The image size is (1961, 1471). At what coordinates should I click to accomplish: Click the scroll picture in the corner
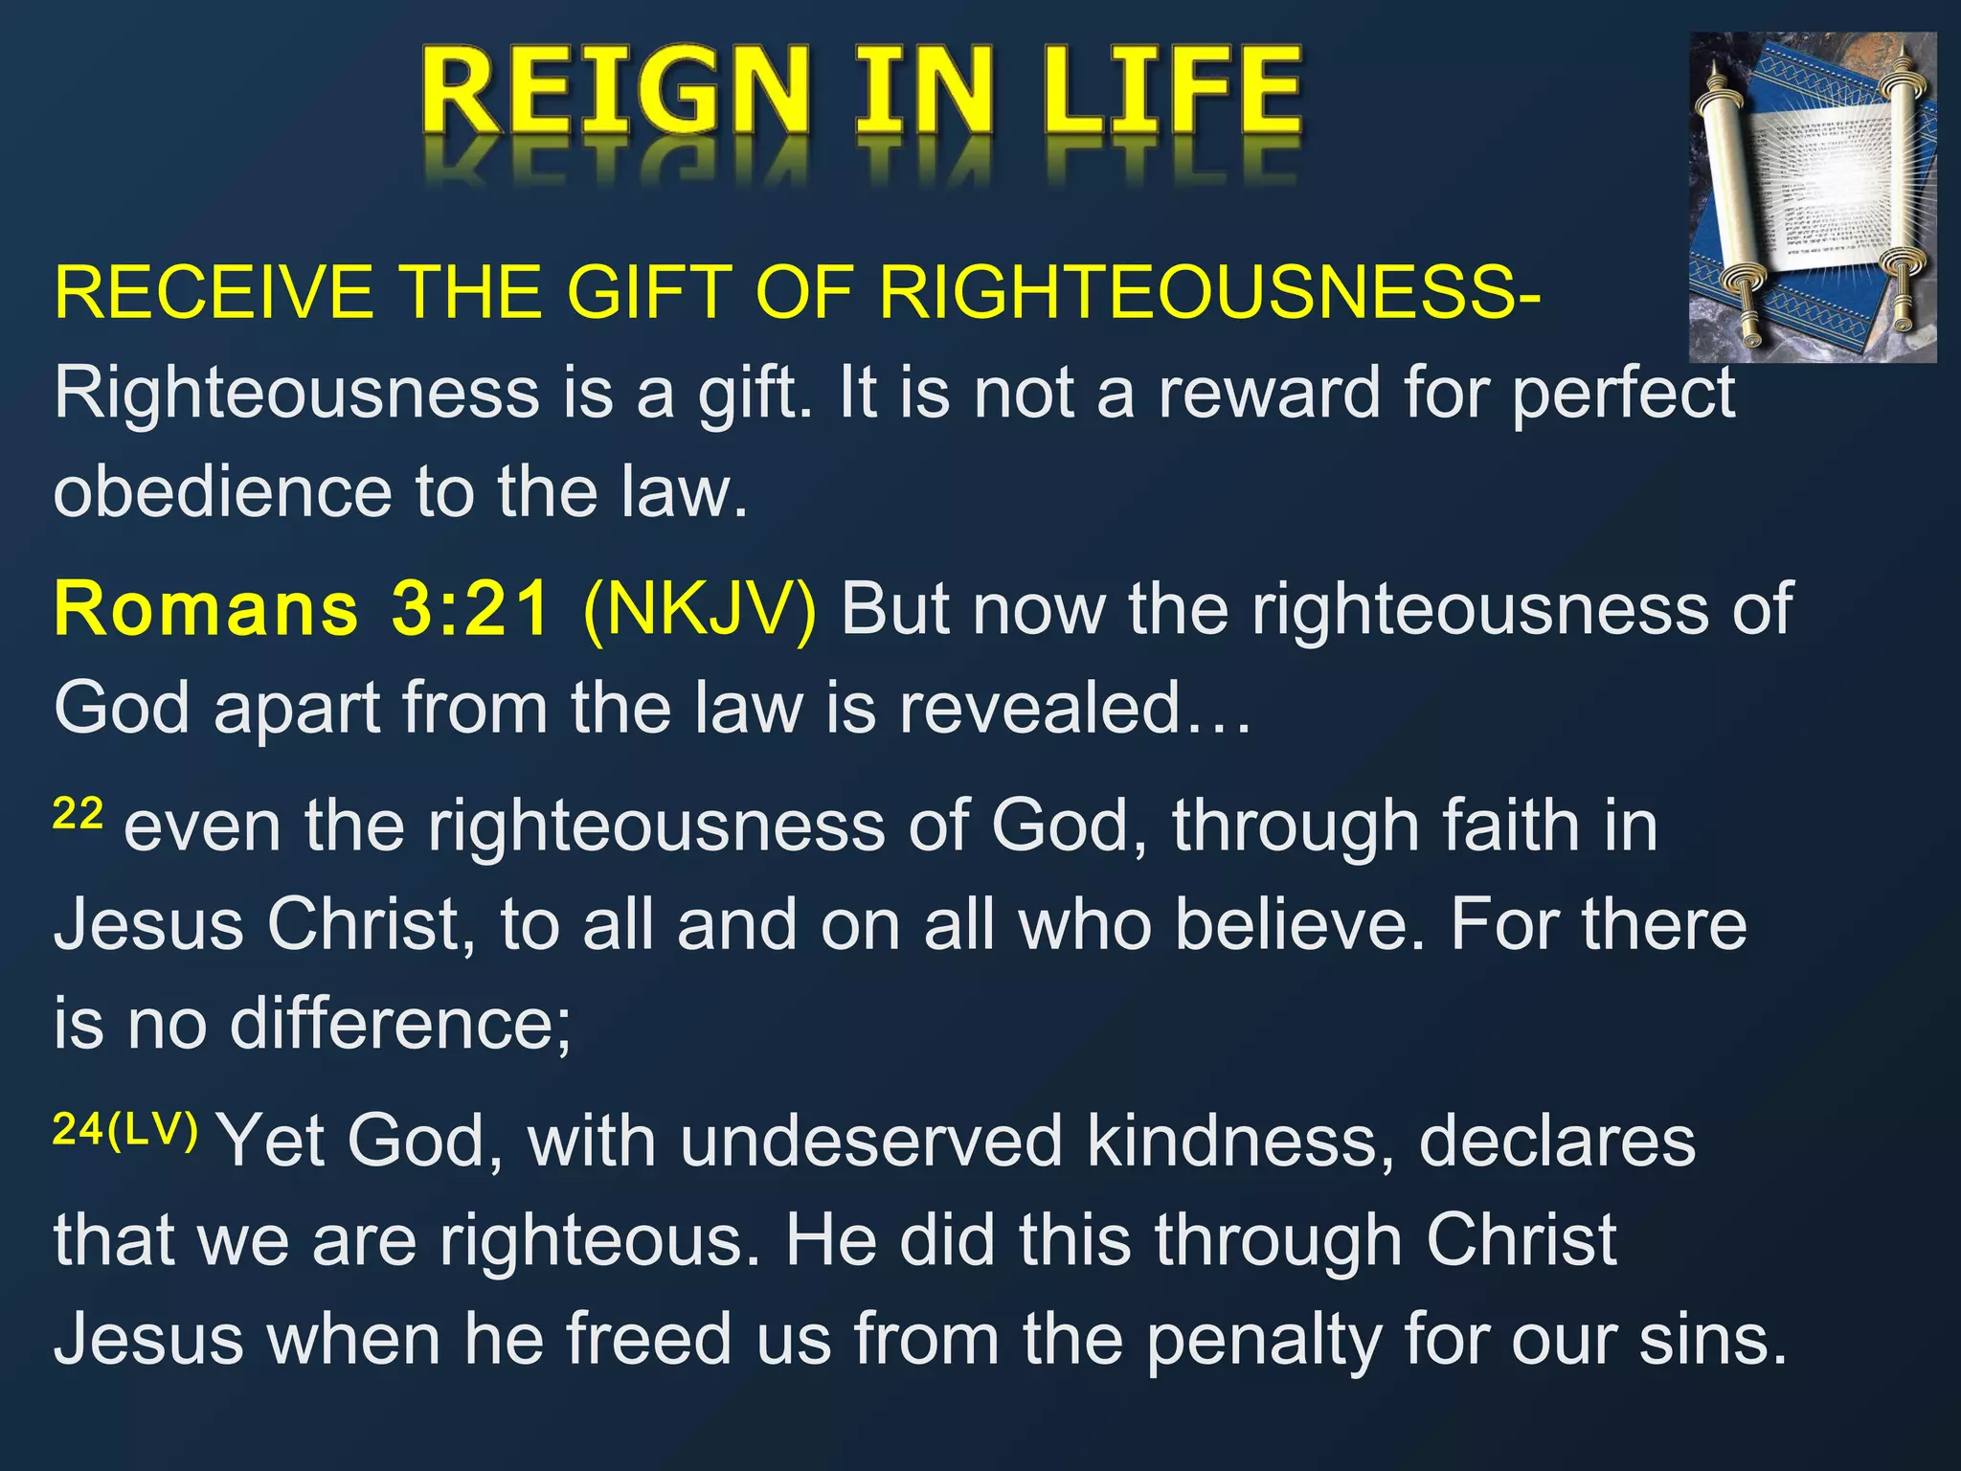click(1812, 196)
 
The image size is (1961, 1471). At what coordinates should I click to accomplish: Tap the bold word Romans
click(206, 609)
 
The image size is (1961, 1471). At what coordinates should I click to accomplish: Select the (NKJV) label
click(700, 609)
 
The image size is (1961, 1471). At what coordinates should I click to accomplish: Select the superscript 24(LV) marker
click(125, 1130)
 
